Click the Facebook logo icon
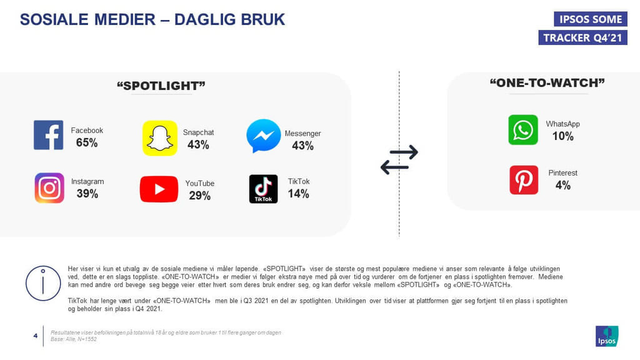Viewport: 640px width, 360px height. pos(49,135)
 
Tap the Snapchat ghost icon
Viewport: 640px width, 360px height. pos(159,138)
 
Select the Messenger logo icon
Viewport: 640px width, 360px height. pos(264,136)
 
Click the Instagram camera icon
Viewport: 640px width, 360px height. pos(49,187)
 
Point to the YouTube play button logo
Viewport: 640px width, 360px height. pos(159,189)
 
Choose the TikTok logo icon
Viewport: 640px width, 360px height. pos(264,189)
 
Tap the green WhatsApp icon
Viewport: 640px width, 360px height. pos(523,130)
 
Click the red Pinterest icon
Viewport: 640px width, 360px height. pos(524,180)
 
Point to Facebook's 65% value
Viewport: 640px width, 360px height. pos(87,143)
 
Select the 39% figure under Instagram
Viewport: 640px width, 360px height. pos(87,194)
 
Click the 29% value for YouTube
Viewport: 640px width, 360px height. pos(199,196)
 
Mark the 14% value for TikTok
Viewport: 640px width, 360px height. pos(298,194)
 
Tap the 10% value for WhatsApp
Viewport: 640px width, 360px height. pos(563,136)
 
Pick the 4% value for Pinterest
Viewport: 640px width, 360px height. pos(563,185)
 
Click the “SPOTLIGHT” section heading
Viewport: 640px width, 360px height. pos(161,86)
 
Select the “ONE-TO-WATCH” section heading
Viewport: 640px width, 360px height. pos(547,83)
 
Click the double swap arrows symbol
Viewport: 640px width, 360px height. pos(399,159)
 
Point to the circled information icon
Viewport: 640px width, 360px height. pos(43,283)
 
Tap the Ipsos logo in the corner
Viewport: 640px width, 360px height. pos(607,336)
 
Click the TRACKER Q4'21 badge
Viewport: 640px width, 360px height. pos(583,37)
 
